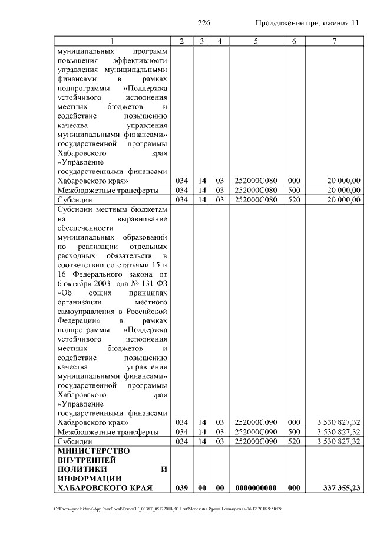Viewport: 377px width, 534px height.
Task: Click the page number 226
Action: pos(204,23)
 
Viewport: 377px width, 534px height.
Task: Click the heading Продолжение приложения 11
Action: pos(307,23)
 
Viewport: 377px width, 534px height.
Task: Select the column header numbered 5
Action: pos(256,41)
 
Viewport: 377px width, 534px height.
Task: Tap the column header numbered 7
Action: pos(334,41)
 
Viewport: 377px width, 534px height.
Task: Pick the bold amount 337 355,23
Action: pos(342,487)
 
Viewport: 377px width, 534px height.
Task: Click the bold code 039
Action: pos(182,487)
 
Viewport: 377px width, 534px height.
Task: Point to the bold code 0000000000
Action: pos(256,487)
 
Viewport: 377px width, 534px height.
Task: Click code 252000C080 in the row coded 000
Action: pos(256,181)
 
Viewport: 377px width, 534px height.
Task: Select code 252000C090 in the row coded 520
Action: pos(256,441)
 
